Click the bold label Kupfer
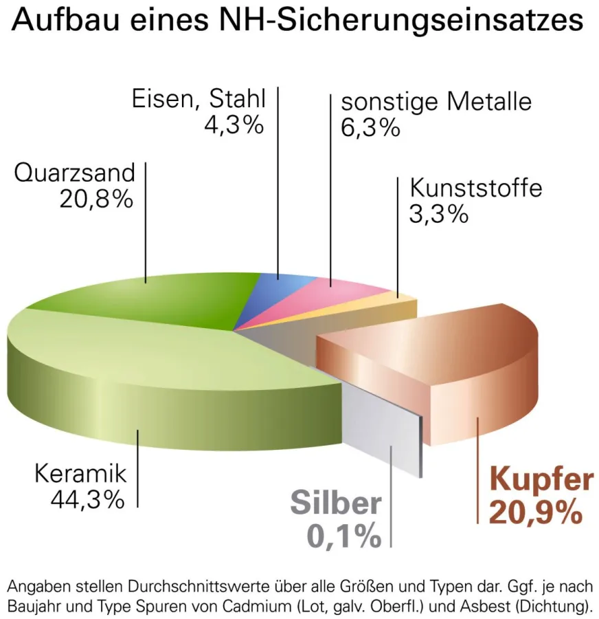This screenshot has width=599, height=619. coord(543,479)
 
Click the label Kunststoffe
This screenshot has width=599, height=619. coord(476,187)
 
